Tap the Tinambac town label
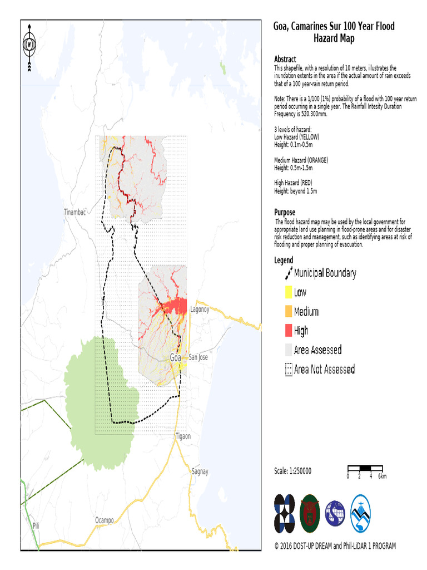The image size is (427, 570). [76, 212]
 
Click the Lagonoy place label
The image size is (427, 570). [200, 309]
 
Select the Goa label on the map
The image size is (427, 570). [176, 357]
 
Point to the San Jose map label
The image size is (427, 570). [198, 357]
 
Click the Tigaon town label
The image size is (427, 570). [182, 436]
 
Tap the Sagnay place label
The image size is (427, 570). [200, 471]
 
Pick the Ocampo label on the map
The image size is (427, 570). [104, 520]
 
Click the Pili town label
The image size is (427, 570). [36, 525]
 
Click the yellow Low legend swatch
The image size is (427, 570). [288, 292]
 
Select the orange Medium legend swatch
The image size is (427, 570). [288, 312]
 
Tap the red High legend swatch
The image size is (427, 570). [288, 331]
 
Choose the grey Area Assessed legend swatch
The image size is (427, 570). [288, 350]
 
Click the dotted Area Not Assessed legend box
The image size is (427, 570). [288, 370]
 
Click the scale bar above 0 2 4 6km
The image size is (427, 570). [365, 468]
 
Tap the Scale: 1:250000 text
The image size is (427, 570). [292, 471]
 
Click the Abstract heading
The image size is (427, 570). [285, 59]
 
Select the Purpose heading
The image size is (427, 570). [285, 212]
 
